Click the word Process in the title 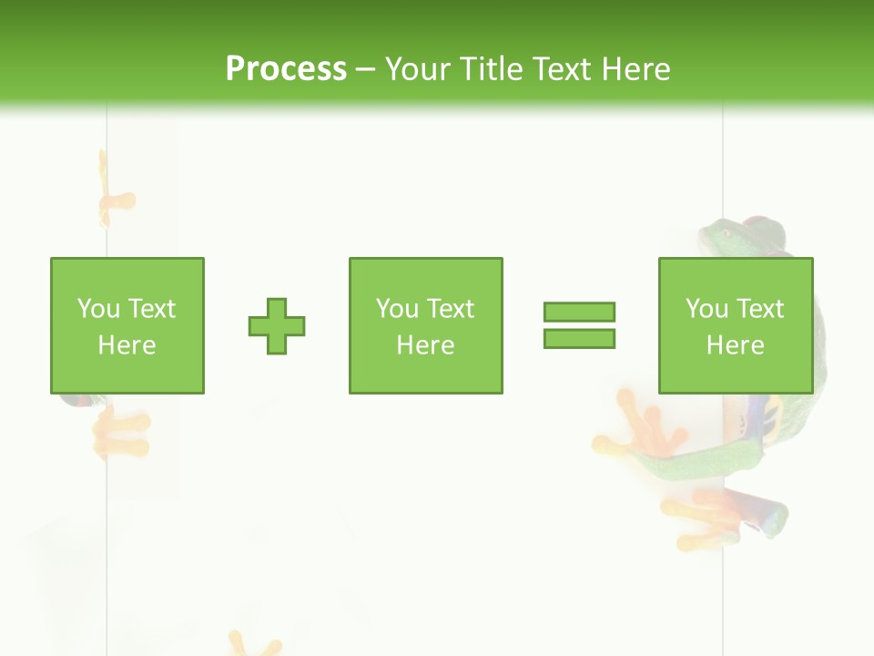(286, 68)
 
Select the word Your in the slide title (419, 68)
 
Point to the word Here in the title (635, 68)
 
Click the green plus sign (277, 326)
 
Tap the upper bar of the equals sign (579, 312)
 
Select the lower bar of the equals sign (579, 338)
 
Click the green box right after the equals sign (736, 325)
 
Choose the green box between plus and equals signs (425, 325)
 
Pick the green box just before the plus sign (127, 325)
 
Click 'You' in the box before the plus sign (98, 308)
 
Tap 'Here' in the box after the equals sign (736, 344)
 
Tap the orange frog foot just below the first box (120, 430)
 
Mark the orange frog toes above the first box (113, 200)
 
